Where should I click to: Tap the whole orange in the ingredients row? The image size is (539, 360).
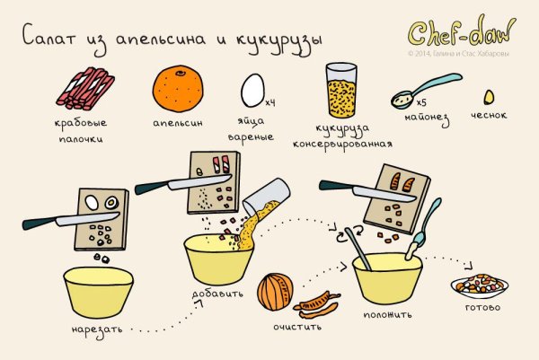(x=177, y=86)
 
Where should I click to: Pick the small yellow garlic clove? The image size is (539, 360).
(x=490, y=96)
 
